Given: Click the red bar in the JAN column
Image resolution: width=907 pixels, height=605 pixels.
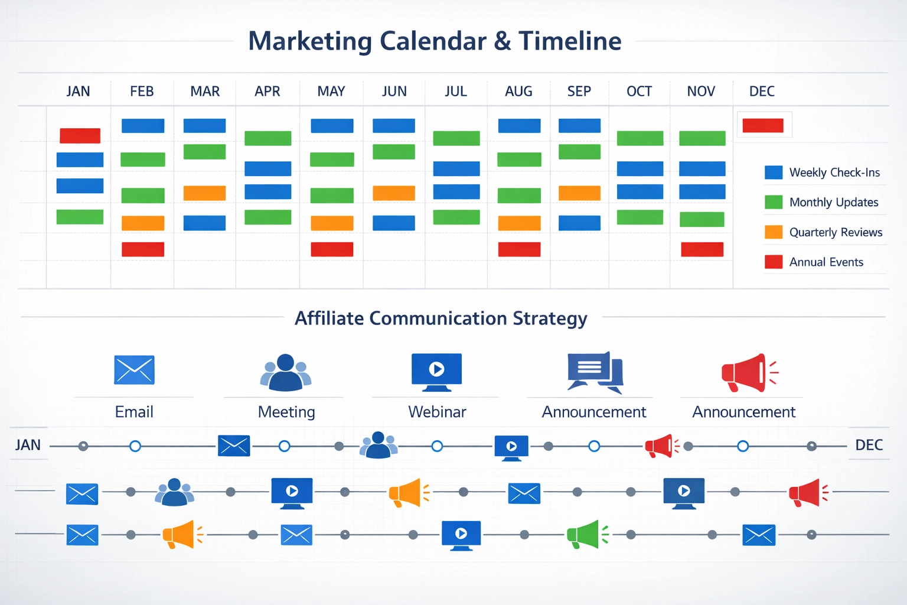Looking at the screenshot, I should point(80,135).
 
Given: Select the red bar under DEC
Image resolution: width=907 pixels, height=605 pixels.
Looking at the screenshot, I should point(763,125).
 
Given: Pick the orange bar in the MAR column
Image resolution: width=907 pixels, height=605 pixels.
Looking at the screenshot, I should point(204,193).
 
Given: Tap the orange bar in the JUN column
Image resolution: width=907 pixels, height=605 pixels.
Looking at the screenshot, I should point(394,193).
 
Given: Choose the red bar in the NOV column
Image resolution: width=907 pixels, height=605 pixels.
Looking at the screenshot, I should point(702,249).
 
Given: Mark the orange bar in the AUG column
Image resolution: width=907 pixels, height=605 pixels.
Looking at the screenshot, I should point(519,223).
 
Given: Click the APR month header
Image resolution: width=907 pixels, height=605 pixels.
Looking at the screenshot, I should point(267,92).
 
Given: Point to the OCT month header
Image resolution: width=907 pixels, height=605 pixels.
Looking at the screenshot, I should point(639,92).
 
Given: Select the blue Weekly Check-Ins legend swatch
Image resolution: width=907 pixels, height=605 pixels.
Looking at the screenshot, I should point(774,173).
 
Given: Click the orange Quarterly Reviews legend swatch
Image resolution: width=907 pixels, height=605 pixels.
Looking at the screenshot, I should point(774,232).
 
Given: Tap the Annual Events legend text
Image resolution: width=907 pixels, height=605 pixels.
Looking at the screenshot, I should point(826,262).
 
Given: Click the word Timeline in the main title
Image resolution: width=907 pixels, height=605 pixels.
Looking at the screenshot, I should point(570,41).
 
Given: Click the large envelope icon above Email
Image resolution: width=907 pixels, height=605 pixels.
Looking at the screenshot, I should point(134,370).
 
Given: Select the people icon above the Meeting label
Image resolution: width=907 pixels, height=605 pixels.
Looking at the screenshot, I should point(286,372).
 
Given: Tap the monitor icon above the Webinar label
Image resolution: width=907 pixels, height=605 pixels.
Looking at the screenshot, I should point(437,372).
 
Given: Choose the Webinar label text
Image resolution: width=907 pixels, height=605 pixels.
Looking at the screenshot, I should point(437,412).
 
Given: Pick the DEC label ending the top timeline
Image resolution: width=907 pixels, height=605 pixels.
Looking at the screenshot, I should point(869,445).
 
